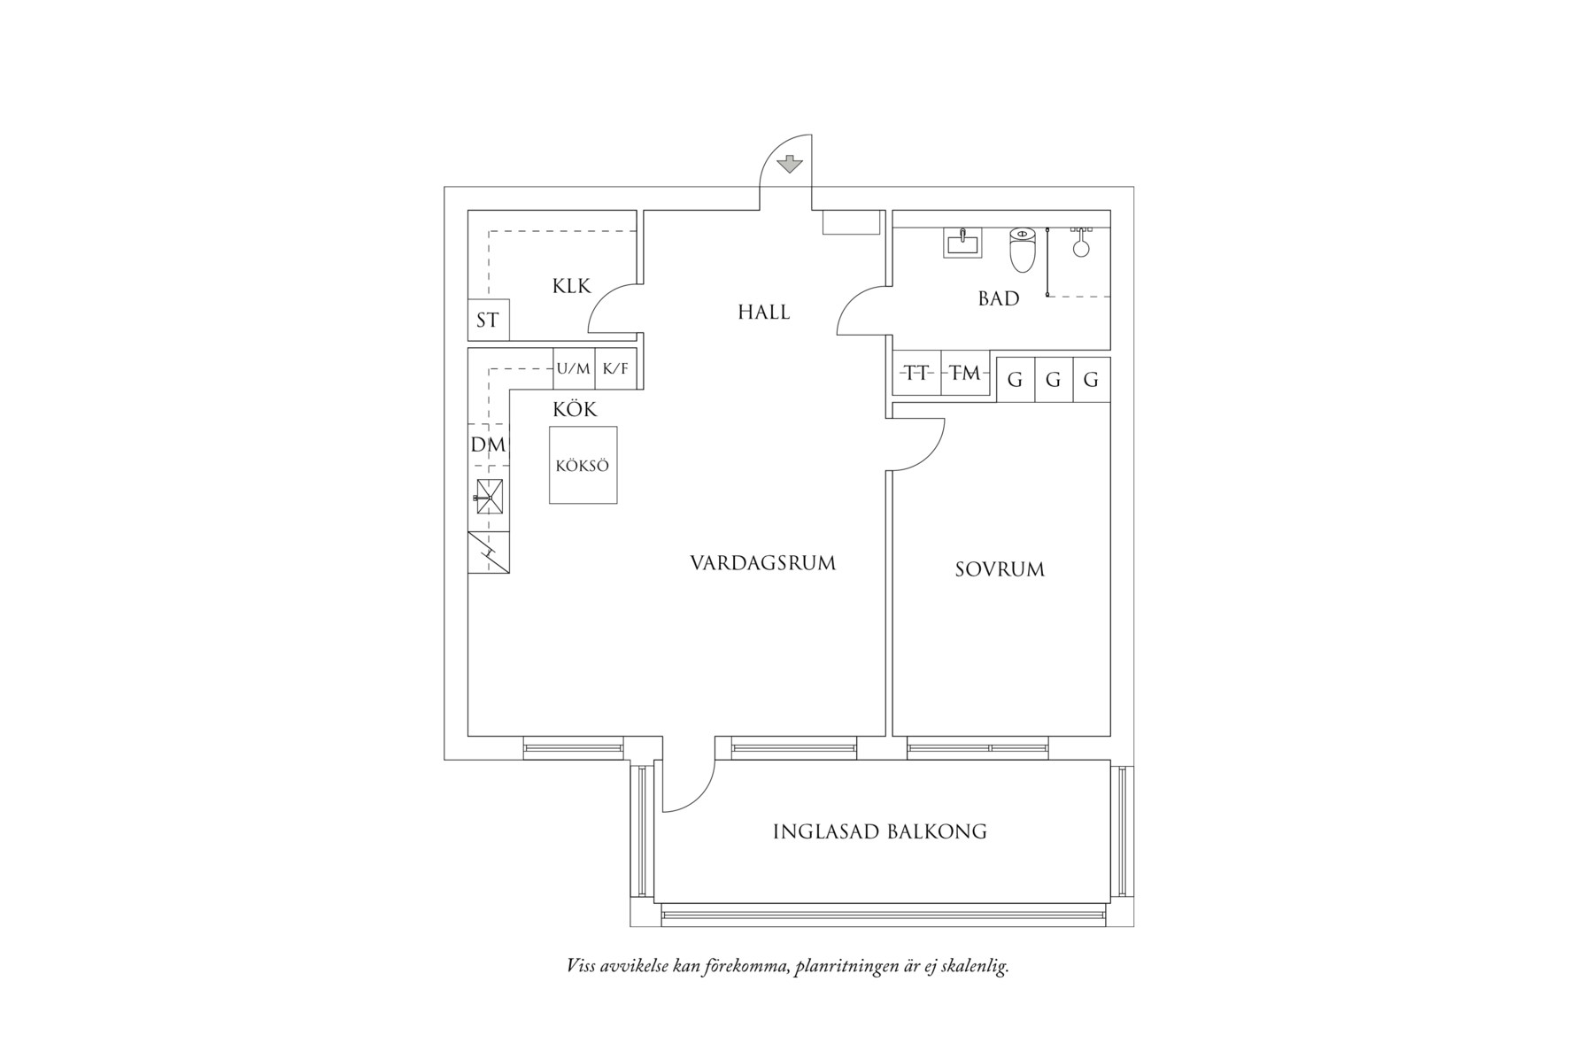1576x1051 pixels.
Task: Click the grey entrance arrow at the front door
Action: point(789,164)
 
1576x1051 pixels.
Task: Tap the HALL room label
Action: point(763,312)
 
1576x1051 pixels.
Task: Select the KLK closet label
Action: point(571,286)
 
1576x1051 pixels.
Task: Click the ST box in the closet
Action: point(488,320)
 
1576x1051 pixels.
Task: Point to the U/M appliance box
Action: point(574,368)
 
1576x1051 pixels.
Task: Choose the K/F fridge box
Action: point(616,368)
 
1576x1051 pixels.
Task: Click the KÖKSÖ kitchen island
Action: point(583,466)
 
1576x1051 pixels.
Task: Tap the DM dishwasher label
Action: point(488,444)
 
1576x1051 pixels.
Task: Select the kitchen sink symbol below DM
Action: point(489,497)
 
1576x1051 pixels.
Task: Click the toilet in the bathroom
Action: point(1023,249)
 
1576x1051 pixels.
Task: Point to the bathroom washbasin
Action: point(962,242)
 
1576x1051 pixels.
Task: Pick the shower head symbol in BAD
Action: point(1081,243)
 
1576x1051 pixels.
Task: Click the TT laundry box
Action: point(917,374)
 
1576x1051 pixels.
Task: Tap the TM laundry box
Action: point(965,374)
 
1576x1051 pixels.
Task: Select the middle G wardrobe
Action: point(1054,380)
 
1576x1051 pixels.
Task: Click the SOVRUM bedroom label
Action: point(1000,569)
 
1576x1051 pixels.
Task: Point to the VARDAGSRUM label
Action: point(763,563)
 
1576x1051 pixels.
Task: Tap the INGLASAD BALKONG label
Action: point(880,831)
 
